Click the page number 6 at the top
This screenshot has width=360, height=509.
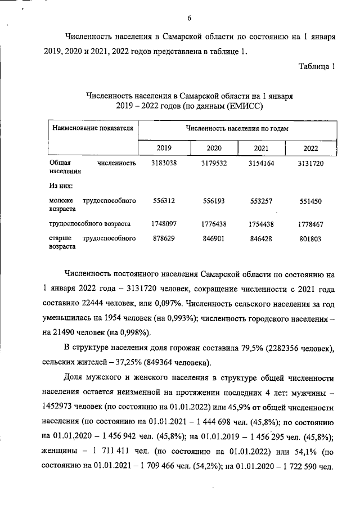[x=190, y=18]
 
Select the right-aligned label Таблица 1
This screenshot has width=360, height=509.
[x=317, y=66]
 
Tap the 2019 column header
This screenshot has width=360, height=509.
[x=164, y=148]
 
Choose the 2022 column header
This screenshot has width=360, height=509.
[x=310, y=148]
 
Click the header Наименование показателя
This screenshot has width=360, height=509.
[x=92, y=128]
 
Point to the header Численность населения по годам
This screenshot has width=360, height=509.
[x=237, y=128]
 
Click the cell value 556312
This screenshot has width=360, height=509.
[x=164, y=201]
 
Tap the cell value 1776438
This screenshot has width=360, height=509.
[x=214, y=224]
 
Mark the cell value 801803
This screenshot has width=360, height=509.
[x=310, y=238]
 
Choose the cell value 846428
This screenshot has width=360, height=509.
[x=262, y=238]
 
